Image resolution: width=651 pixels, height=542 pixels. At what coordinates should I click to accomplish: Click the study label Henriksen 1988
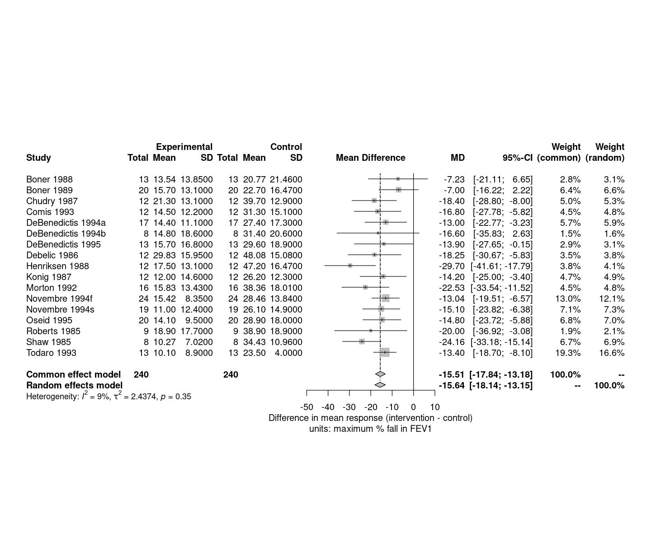[57, 266]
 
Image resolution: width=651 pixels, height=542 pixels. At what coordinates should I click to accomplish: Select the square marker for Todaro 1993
[385, 353]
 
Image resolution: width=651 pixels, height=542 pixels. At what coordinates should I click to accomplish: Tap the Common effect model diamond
[380, 374]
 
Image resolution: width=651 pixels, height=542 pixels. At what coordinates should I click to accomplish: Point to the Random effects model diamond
[380, 385]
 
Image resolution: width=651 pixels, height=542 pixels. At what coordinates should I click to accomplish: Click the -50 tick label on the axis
[307, 407]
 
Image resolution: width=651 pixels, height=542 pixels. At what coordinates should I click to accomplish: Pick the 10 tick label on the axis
[434, 407]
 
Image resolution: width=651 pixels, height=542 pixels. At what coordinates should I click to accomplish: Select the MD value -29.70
[452, 266]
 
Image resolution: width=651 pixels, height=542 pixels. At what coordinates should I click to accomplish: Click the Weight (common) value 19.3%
[568, 353]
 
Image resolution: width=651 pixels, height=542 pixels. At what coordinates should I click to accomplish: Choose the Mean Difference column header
[370, 158]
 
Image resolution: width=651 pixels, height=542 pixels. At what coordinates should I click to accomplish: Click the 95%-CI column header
[517, 158]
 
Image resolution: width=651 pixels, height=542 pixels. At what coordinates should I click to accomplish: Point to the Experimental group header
[184, 147]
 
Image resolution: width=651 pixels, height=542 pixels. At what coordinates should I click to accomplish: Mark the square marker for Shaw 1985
[362, 342]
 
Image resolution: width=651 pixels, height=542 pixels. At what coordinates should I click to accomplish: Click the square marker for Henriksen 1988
[350, 266]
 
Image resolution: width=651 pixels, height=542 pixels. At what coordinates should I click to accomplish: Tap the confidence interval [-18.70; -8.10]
[503, 353]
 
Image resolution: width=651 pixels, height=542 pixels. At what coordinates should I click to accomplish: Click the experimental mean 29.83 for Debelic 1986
[164, 255]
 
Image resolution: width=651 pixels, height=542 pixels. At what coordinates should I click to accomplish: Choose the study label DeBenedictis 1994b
[66, 234]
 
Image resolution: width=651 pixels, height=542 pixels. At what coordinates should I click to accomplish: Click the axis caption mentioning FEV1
[370, 429]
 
